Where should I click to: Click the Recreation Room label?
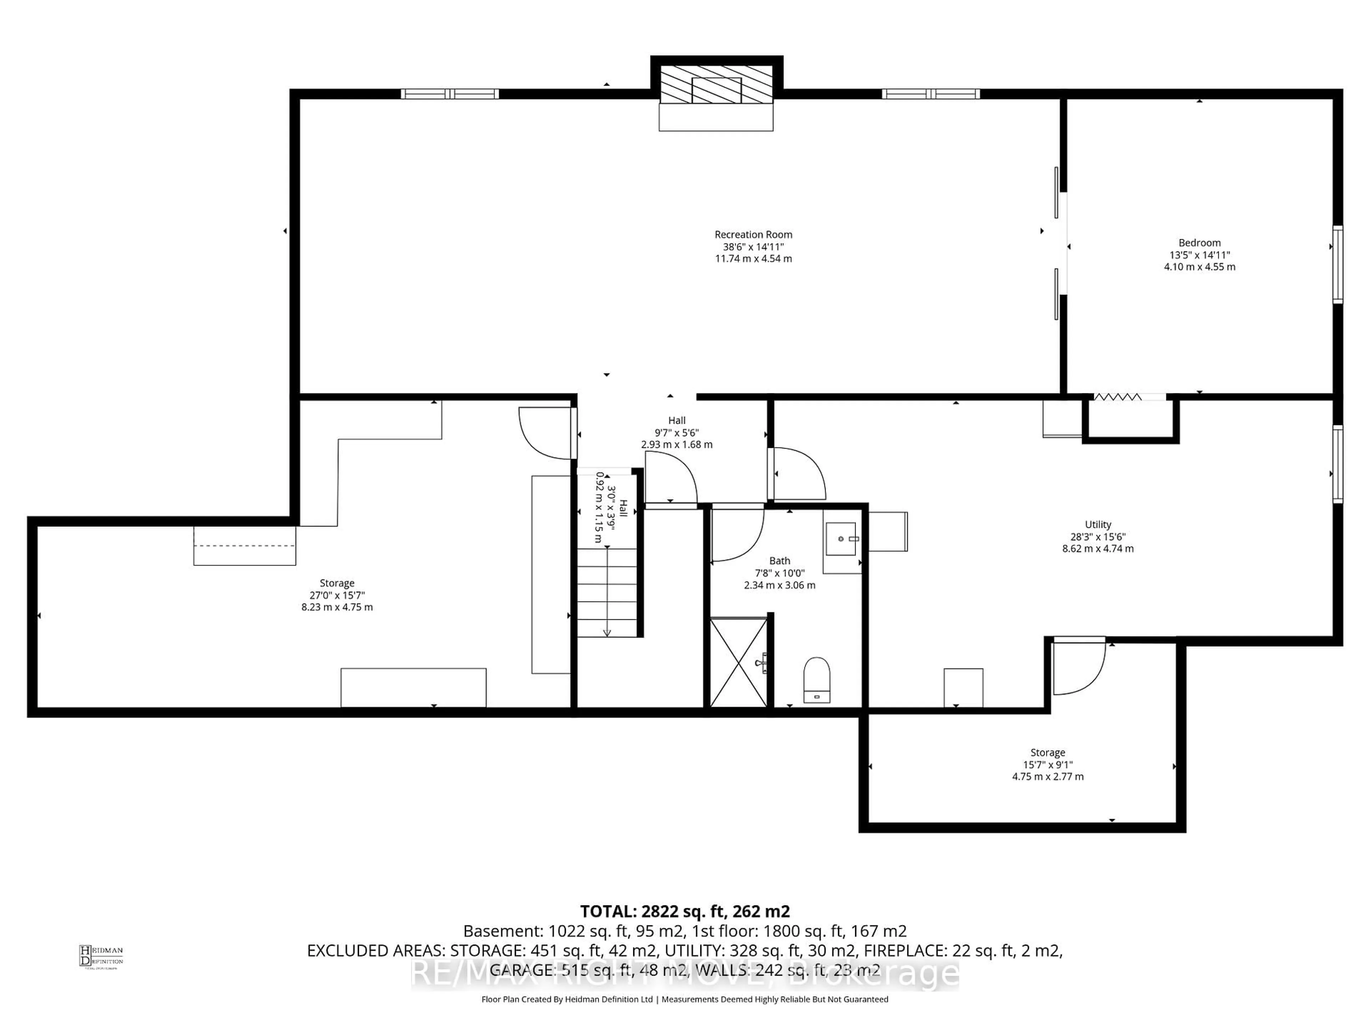point(753,235)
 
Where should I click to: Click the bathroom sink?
point(841,538)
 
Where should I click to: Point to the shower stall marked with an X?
point(738,662)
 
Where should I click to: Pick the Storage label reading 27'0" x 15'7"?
point(337,595)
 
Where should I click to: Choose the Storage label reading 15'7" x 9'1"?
point(1047,765)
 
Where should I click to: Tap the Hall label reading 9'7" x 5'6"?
point(676,433)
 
